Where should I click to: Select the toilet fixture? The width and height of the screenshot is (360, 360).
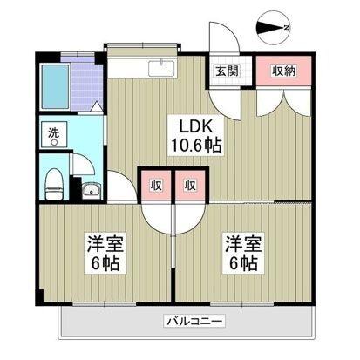52,183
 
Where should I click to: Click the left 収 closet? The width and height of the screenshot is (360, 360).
154,184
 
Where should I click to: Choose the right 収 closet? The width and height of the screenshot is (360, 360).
187,184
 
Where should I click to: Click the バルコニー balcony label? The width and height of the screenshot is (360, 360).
194,322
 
